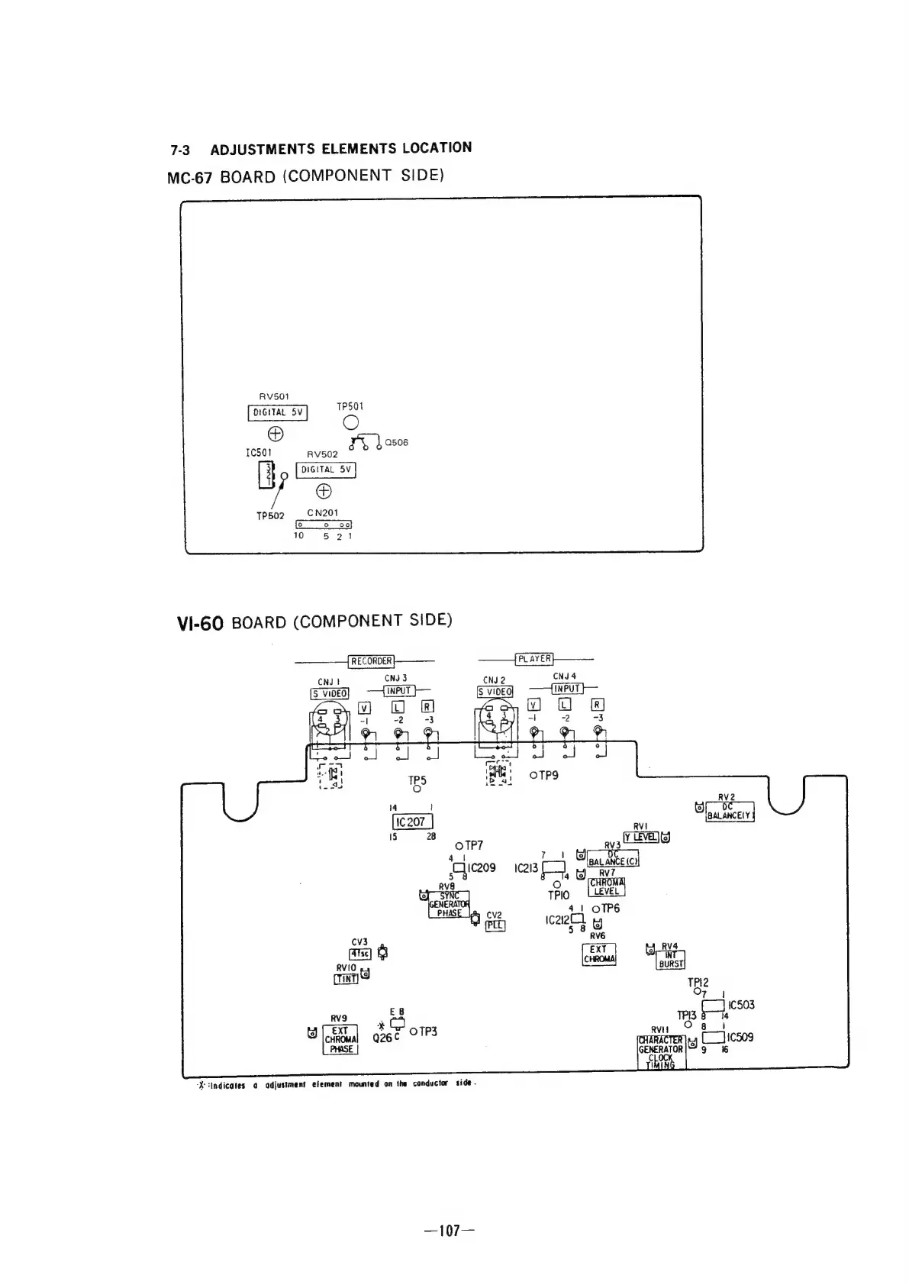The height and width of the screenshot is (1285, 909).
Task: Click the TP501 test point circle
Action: coord(351,423)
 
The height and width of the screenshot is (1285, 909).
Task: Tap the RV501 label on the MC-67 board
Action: coord(274,396)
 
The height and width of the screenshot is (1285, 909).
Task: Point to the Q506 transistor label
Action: coord(396,442)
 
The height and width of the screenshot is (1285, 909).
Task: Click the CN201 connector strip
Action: coord(324,525)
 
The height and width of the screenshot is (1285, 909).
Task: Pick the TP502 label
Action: coord(270,515)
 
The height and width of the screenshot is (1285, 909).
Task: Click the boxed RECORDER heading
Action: coord(371,661)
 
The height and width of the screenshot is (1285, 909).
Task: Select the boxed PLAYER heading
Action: coord(535,659)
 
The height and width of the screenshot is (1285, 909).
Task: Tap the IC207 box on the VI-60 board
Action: coord(412,822)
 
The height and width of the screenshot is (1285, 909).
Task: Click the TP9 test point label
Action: coord(548,775)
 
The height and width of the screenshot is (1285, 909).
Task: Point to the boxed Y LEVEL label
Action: coord(641,837)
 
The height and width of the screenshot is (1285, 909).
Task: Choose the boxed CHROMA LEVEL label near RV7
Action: coord(607,886)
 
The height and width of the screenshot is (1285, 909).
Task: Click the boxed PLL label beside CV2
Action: coord(495,925)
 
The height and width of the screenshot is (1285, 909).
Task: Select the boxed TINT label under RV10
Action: coord(347,980)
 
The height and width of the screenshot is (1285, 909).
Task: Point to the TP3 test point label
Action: coord(427,1032)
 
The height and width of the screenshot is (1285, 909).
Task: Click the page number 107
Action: coord(453,1230)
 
